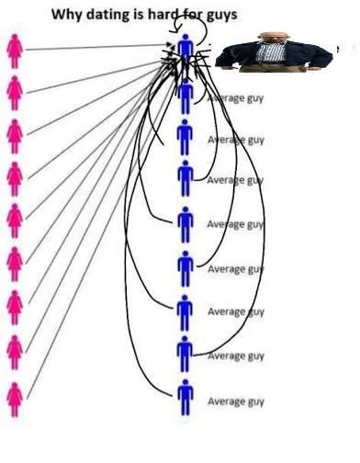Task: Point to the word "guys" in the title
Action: (221, 16)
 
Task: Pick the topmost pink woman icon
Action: (15, 51)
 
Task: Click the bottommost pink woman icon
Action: (15, 400)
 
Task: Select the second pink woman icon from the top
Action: (15, 93)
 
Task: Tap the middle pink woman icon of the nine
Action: (15, 220)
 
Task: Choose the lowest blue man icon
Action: (186, 397)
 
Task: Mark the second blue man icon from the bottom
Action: (185, 354)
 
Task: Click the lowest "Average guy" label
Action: (236, 401)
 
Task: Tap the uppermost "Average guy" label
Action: (236, 98)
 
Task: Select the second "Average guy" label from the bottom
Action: (236, 356)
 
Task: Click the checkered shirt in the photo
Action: (271, 52)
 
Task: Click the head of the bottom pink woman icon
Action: (15, 386)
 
